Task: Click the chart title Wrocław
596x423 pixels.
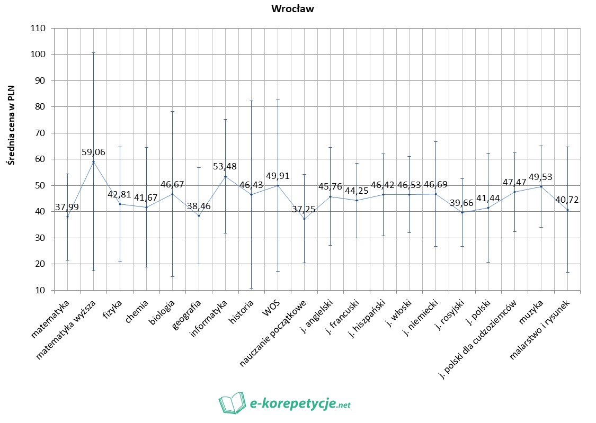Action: (x=292, y=8)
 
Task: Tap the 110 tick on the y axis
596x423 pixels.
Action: (x=39, y=28)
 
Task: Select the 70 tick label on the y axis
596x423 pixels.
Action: (x=41, y=133)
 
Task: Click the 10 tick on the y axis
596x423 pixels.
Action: (x=41, y=290)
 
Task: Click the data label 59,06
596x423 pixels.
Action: (x=93, y=152)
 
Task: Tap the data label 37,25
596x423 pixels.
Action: (x=304, y=210)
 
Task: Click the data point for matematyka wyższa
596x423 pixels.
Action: (x=94, y=161)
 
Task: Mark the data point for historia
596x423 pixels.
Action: (x=252, y=195)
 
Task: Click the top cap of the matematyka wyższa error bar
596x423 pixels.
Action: (x=94, y=53)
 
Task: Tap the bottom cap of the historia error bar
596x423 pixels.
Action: (x=252, y=288)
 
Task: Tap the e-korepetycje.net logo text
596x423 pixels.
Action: (x=300, y=404)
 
